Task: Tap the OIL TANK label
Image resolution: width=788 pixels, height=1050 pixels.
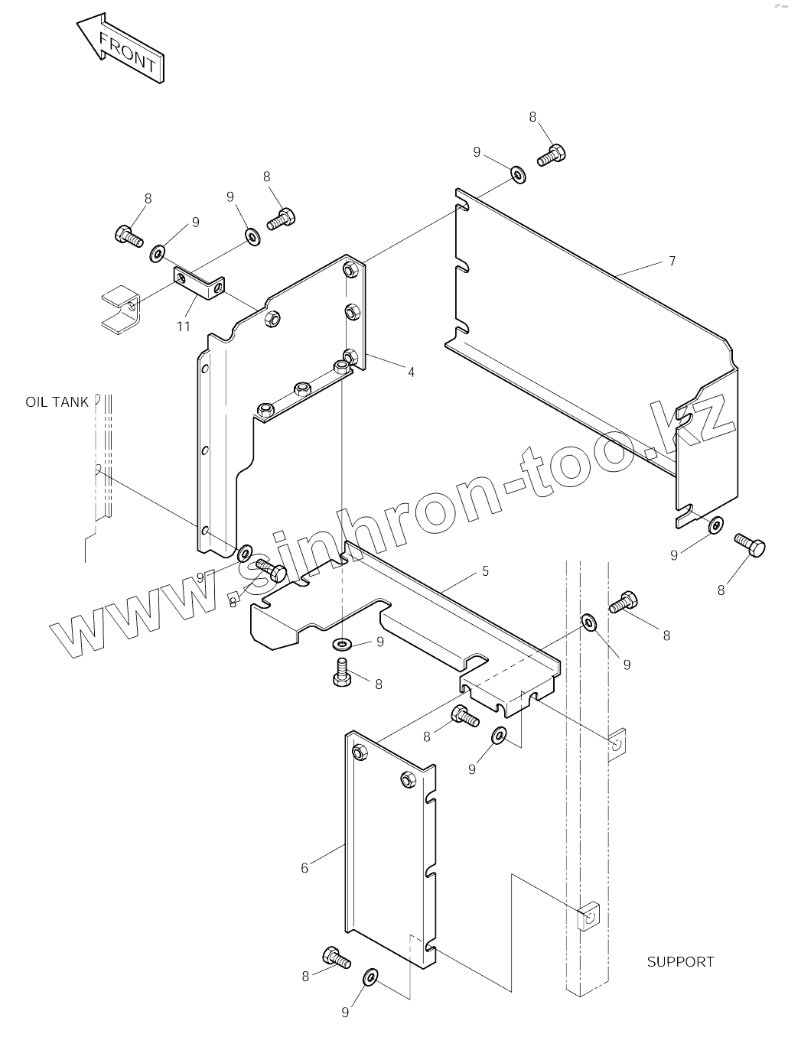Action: pyautogui.click(x=57, y=401)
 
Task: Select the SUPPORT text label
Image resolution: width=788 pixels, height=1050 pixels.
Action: pyautogui.click(x=680, y=961)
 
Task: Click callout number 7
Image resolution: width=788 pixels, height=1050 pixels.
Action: pyautogui.click(x=672, y=262)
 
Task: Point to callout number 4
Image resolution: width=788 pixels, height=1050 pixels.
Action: pyautogui.click(x=411, y=372)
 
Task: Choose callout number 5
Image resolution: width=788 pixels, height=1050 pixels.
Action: pyautogui.click(x=485, y=571)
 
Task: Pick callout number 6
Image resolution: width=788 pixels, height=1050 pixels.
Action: pyautogui.click(x=304, y=868)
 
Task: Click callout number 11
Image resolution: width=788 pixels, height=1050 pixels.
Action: pyautogui.click(x=183, y=327)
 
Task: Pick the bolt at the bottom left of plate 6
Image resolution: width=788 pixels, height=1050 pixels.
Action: pyautogui.click(x=337, y=957)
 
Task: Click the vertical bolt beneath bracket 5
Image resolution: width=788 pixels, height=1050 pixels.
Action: pyautogui.click(x=341, y=671)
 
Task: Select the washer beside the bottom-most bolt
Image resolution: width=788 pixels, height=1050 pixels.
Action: pyautogui.click(x=371, y=977)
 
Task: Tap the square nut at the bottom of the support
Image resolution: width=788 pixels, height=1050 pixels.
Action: pyautogui.click(x=588, y=916)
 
